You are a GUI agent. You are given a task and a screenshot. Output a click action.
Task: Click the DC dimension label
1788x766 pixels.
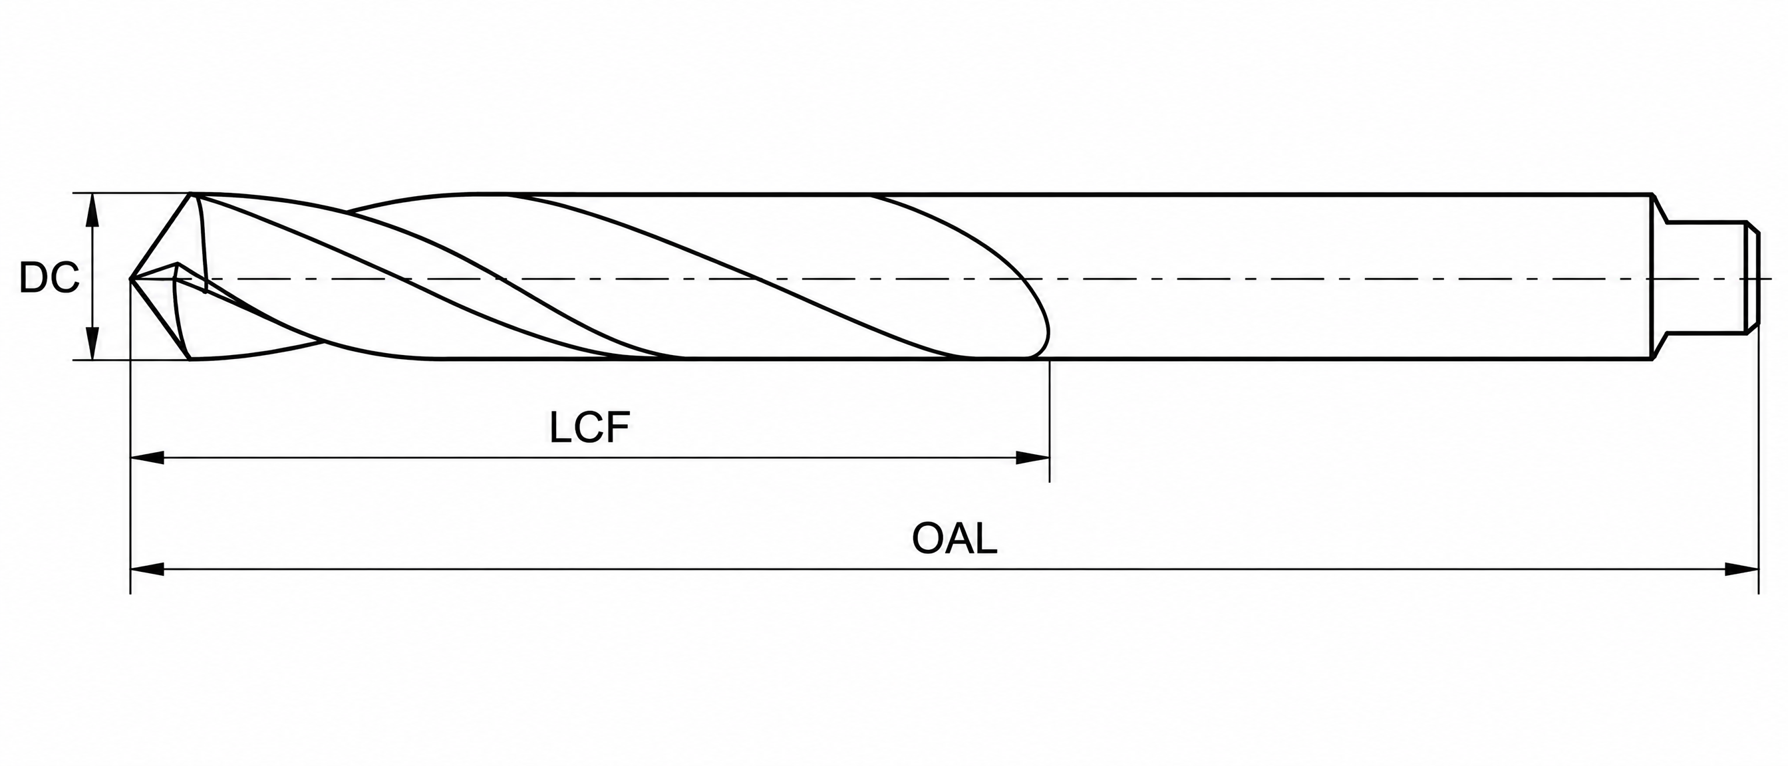coord(49,278)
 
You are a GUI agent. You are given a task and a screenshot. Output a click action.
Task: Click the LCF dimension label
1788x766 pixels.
coord(589,428)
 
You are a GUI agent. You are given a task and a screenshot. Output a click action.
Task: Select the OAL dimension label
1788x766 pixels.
coord(955,539)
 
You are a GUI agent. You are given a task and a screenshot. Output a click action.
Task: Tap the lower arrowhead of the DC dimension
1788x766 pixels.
coord(92,344)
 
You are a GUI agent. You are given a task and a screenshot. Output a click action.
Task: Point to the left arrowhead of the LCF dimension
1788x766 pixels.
coord(147,458)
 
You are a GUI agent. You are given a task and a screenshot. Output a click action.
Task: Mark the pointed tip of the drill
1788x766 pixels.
coord(130,278)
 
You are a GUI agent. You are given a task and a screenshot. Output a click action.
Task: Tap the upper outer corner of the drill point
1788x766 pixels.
coord(191,193)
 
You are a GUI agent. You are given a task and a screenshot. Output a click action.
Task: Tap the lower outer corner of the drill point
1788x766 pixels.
coord(190,360)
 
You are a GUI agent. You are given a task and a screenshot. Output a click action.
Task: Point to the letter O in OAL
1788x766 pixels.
coord(928,539)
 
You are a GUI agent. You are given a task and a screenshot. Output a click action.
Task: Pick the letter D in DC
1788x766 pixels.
coord(33,278)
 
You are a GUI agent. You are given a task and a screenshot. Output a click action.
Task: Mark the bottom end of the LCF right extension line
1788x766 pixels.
coord(1050,481)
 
